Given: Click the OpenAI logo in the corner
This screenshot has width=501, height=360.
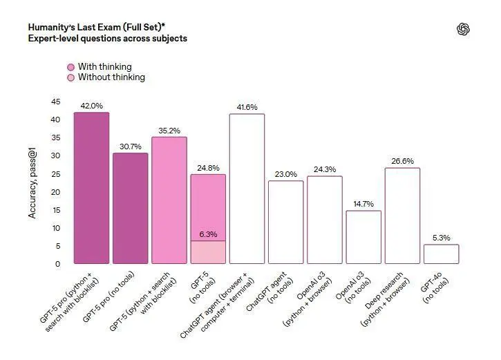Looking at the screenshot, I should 463,28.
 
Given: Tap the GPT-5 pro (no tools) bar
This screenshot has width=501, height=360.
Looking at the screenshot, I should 130,208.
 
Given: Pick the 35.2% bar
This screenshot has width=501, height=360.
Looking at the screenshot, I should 169,200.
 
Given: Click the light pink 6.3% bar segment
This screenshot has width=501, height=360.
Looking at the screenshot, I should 208,252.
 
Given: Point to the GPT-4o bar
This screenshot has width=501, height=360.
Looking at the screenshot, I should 441,254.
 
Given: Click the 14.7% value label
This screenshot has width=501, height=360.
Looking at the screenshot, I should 363,204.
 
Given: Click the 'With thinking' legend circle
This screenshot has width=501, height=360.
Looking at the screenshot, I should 70,67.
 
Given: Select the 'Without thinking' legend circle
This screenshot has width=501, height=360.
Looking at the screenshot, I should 70,77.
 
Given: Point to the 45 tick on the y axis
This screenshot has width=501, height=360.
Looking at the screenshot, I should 56,102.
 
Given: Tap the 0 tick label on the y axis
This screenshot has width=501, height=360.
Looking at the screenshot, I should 58,264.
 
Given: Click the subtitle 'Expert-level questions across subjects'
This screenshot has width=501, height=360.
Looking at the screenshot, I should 107,39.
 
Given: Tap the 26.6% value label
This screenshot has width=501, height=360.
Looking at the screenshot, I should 402,161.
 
